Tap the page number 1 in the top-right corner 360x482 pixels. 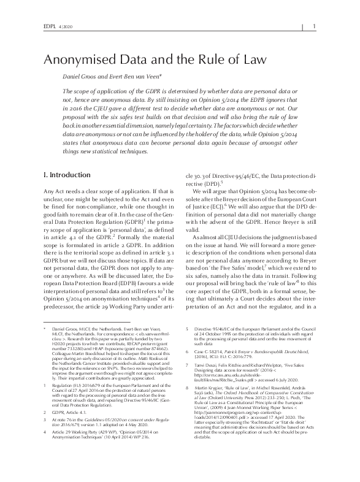pos(314,26)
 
